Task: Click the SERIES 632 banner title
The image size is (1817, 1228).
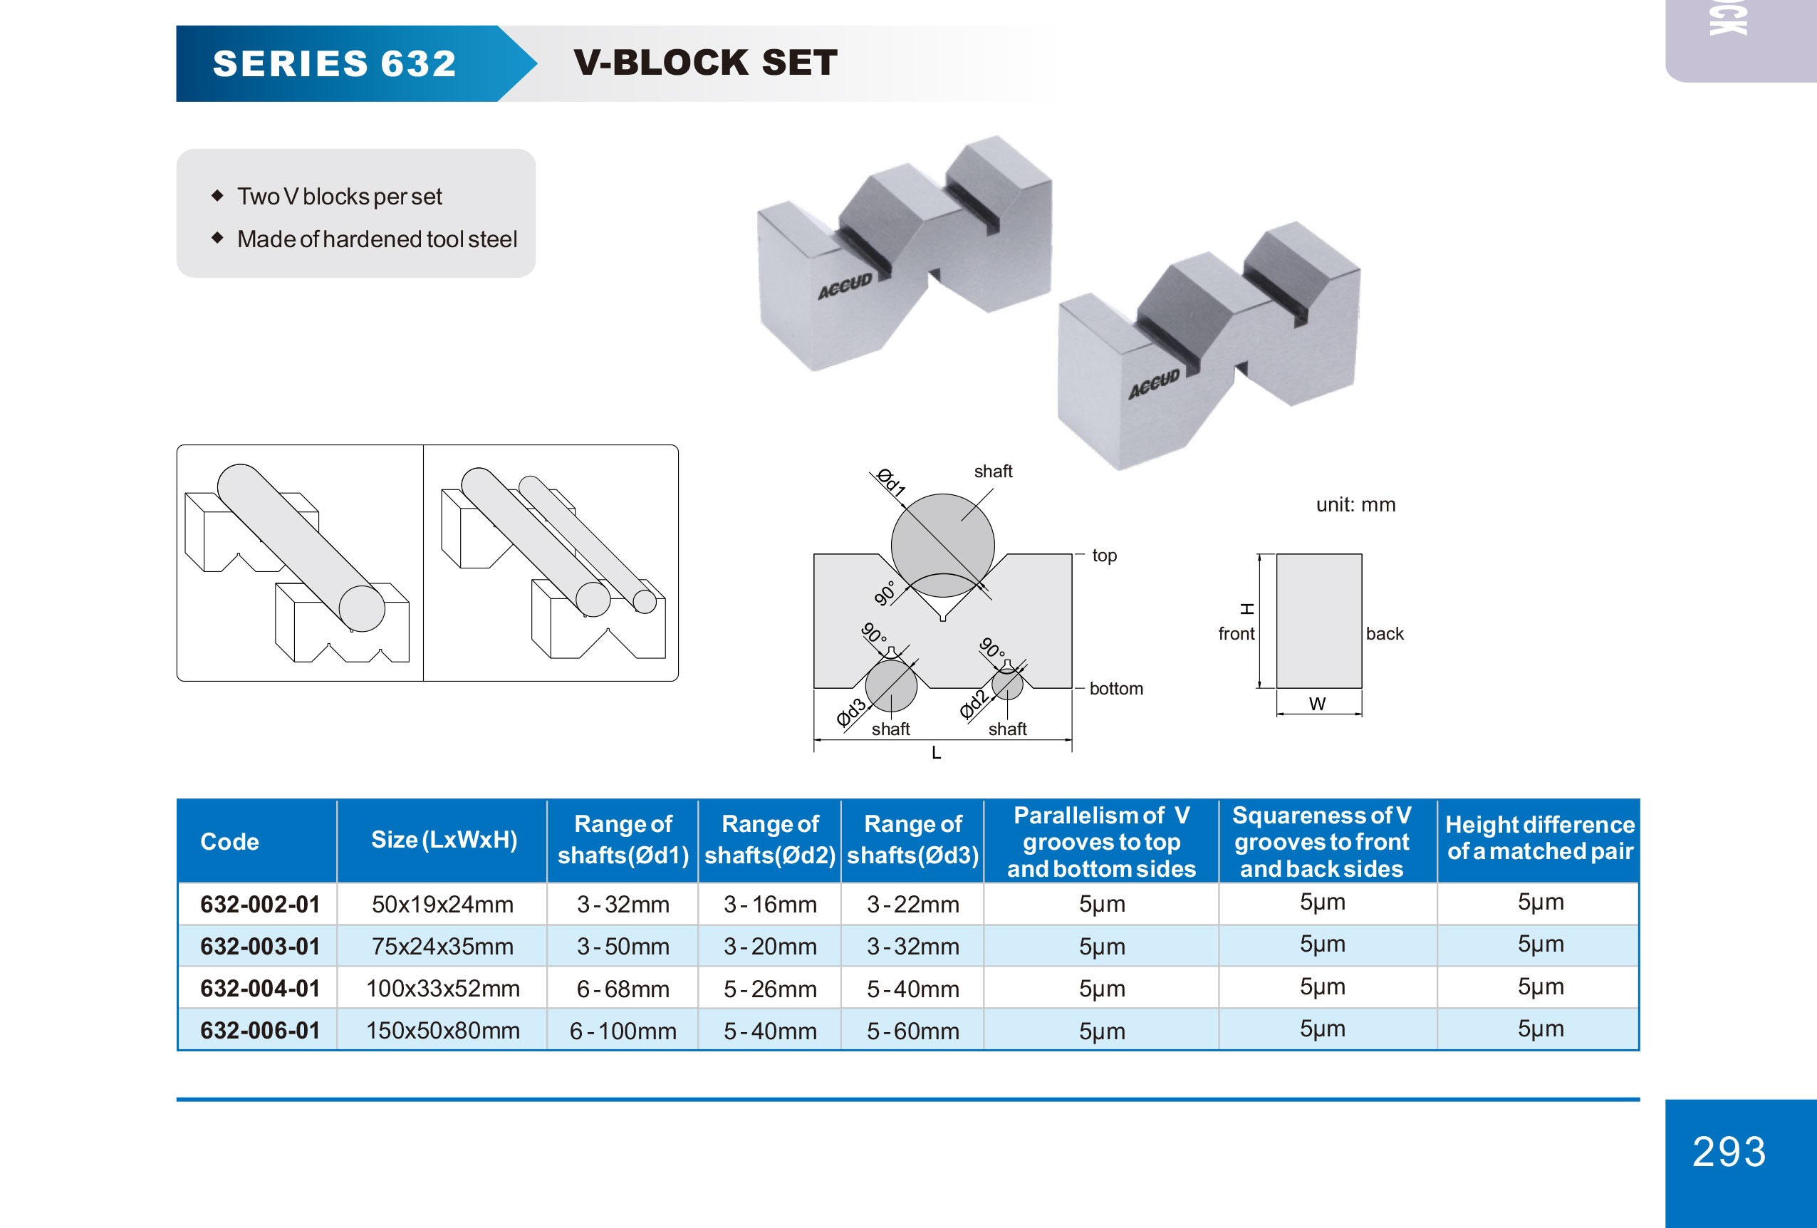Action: coord(334,63)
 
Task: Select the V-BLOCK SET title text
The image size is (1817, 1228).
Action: coord(705,63)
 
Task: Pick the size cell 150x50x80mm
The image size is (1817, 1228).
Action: coord(442,1030)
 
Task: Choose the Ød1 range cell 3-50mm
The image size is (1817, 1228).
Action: coord(623,947)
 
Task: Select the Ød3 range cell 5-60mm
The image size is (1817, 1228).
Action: coord(912,1031)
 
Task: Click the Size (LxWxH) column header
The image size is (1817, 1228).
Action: coord(443,840)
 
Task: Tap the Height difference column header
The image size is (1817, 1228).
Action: coord(1539,838)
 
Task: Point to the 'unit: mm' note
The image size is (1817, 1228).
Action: coord(1355,505)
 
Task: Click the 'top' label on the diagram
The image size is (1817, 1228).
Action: coord(1104,556)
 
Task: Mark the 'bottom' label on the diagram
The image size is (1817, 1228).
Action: coord(1115,689)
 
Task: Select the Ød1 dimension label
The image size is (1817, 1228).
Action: coord(890,482)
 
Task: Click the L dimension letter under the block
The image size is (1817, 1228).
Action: coord(936,753)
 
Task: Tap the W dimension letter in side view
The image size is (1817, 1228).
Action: coord(1318,704)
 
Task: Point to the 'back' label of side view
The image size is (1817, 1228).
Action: coord(1384,634)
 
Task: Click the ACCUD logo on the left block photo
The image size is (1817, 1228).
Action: coord(844,286)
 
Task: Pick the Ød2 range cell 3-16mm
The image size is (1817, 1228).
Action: coord(769,905)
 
